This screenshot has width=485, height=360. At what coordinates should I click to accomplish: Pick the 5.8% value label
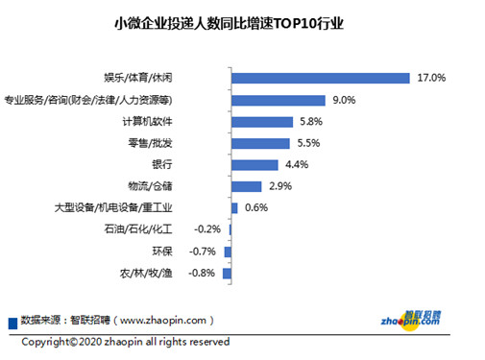309,121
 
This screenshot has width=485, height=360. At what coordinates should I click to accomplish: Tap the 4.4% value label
295,164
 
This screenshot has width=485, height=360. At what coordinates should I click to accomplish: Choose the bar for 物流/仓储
247,186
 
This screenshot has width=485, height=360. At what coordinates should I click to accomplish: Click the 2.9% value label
280,186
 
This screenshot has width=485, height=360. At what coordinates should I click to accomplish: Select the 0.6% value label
256,207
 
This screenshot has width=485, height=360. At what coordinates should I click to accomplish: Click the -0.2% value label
207,229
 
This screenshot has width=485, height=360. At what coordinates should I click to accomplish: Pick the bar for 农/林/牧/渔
228,274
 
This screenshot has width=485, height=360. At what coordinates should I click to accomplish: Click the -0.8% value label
202,274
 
